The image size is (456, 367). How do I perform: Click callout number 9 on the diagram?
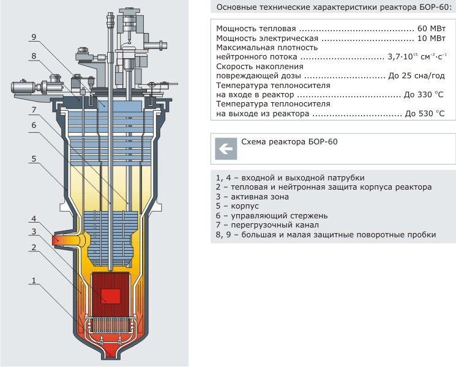pyautogui.click(x=34, y=37)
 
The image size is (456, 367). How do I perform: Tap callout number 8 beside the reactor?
pyautogui.click(x=34, y=56)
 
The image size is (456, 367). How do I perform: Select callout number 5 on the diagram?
pyautogui.click(x=34, y=159)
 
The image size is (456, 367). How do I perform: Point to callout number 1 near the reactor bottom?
pyautogui.click(x=34, y=281)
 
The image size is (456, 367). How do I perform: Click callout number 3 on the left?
pyautogui.click(x=34, y=232)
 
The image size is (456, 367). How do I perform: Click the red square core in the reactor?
pyautogui.click(x=111, y=296)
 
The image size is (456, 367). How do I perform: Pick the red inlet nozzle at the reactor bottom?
pyautogui.click(x=111, y=351)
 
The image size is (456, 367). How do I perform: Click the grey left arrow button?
pyautogui.click(x=225, y=148)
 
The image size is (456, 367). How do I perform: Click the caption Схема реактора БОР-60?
pyautogui.click(x=290, y=142)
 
